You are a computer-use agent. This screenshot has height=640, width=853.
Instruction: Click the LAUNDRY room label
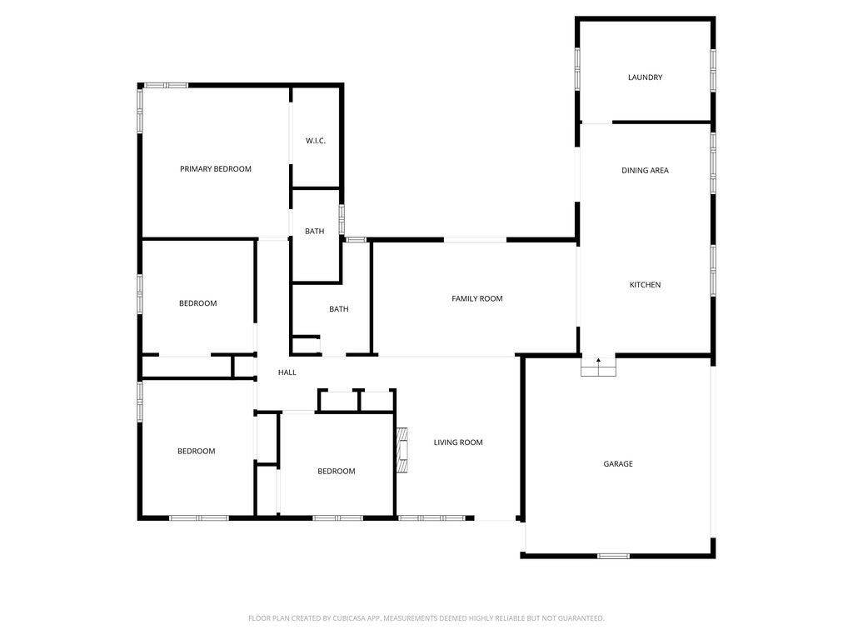(x=645, y=77)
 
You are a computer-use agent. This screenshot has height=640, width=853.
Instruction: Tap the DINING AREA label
(x=645, y=170)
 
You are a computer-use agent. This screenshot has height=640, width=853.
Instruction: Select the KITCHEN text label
(x=645, y=285)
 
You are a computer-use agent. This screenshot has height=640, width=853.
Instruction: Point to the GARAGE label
(x=618, y=464)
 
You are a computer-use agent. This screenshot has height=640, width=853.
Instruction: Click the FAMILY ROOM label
(x=477, y=298)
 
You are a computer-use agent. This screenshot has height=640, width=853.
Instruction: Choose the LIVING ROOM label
(x=458, y=442)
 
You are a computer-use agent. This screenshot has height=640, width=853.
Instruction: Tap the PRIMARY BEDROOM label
(x=216, y=169)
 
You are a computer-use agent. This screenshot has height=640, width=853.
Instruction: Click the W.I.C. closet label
(x=315, y=141)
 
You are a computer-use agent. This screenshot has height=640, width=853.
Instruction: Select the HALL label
(x=287, y=372)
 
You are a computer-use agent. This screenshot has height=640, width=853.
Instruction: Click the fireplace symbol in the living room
(x=403, y=450)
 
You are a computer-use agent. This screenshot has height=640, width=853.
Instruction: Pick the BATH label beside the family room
(x=339, y=309)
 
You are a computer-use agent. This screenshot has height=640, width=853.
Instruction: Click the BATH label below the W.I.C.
(x=315, y=232)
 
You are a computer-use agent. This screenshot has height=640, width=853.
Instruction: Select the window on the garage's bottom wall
(x=613, y=556)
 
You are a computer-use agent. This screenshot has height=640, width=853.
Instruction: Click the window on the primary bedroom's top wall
(x=165, y=85)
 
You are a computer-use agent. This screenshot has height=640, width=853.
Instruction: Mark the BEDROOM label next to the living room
(x=337, y=472)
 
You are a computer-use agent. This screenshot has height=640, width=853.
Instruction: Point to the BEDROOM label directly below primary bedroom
(x=198, y=303)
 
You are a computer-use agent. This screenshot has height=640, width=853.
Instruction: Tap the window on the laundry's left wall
(x=577, y=68)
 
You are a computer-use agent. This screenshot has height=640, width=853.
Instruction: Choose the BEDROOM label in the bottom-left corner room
(x=197, y=452)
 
